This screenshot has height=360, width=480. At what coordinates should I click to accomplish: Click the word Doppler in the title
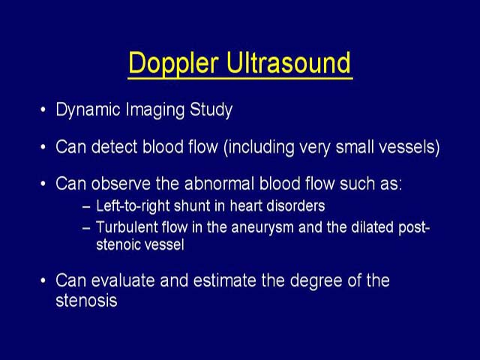point(173,63)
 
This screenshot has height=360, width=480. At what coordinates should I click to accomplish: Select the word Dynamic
point(88,110)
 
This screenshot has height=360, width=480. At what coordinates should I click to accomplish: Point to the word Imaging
point(155,110)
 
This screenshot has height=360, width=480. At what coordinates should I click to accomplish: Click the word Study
point(211,110)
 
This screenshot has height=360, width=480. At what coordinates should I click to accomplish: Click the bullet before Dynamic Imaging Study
point(43,110)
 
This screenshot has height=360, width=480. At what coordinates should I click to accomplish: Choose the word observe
point(121,184)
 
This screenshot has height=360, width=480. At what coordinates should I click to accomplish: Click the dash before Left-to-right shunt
point(87,207)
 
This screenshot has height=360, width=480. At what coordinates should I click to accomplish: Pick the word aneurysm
point(262,228)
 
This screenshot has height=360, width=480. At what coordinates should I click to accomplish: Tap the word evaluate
point(123,280)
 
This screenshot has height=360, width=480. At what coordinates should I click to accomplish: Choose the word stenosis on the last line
point(86,300)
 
